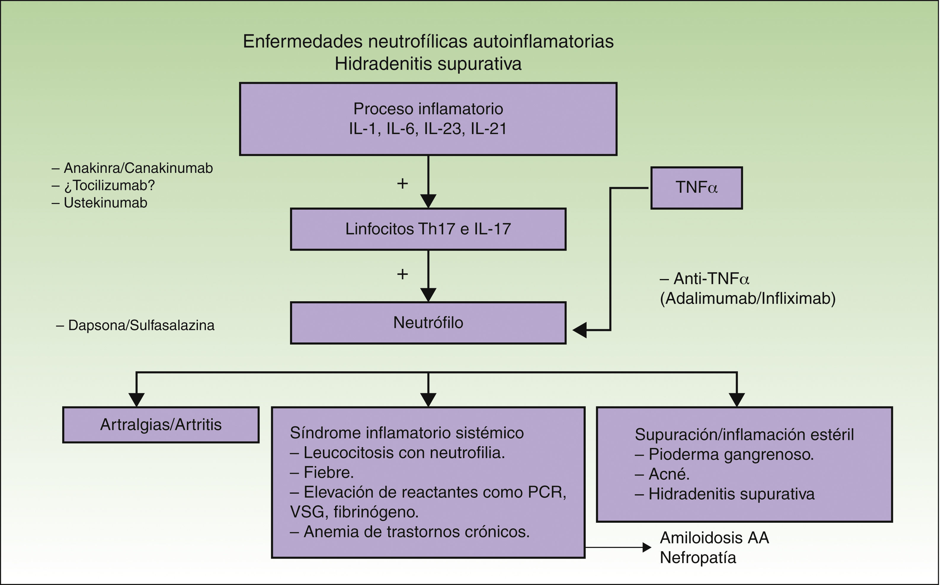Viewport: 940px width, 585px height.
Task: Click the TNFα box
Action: (696, 188)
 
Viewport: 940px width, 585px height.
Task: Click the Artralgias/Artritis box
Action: (161, 425)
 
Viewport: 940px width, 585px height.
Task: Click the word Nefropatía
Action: (698, 557)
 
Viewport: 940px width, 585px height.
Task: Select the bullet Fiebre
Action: (328, 472)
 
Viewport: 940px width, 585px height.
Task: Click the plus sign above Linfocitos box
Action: (402, 184)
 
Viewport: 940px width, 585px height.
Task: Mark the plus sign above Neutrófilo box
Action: (402, 274)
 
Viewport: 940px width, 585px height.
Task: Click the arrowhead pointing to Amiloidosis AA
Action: (647, 547)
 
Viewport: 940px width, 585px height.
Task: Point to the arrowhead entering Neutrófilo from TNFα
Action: (579, 330)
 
